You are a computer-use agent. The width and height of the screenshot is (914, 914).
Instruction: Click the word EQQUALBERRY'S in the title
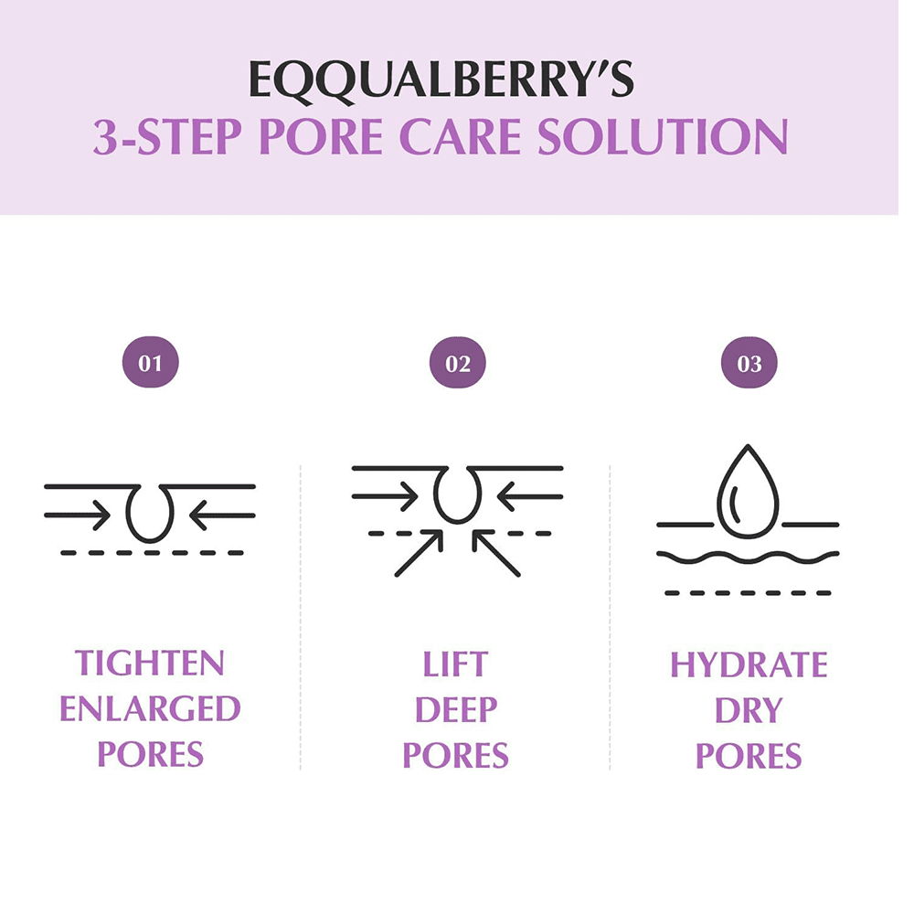(x=441, y=80)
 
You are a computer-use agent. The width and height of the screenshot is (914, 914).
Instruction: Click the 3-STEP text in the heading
(x=170, y=136)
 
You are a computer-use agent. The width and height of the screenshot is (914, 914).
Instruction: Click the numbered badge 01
(x=151, y=364)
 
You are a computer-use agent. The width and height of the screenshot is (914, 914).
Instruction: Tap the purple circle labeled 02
(x=457, y=364)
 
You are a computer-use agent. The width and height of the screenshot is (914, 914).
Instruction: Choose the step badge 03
(x=749, y=364)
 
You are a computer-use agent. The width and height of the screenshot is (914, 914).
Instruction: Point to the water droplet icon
(x=748, y=491)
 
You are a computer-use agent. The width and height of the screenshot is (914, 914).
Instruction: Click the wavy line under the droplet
(x=748, y=556)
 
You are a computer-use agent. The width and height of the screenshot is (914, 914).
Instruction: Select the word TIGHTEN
(x=150, y=663)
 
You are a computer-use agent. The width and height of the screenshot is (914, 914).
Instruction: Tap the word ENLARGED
(x=150, y=709)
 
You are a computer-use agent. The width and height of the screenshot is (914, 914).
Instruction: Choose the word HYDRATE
(x=749, y=664)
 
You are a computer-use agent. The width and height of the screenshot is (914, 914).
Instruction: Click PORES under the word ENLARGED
(x=150, y=756)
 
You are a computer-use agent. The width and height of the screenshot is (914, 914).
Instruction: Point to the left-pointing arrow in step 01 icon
(x=221, y=515)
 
